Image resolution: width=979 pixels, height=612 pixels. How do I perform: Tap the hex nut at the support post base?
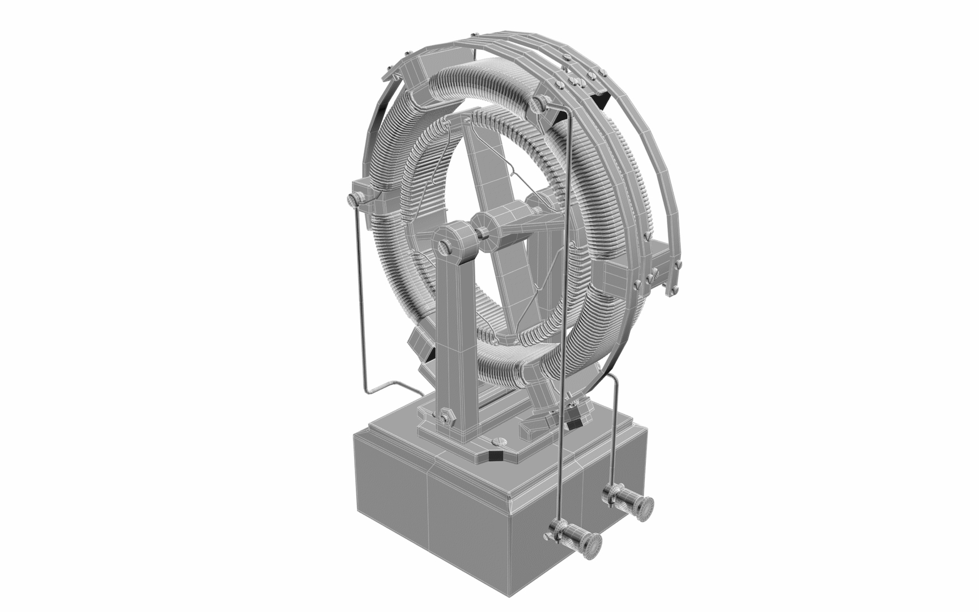445,416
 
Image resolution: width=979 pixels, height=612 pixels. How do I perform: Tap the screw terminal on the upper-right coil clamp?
538,103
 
